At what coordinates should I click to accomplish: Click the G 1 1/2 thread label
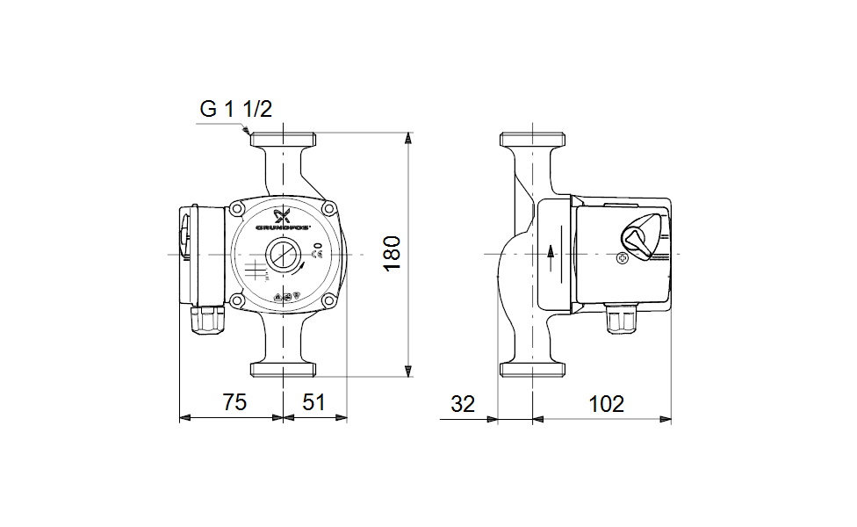coord(236,109)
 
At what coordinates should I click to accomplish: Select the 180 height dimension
coord(392,253)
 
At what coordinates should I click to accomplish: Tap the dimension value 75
coord(234,403)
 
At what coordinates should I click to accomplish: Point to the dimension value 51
coord(313,403)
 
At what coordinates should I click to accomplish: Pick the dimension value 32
coord(462,404)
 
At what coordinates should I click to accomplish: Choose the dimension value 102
coord(606,404)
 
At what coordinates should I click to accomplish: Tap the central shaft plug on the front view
coord(284,255)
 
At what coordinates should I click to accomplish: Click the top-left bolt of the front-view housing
coord(237,209)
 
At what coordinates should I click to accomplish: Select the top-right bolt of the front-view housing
coord(328,209)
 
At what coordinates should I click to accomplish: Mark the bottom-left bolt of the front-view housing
coord(237,300)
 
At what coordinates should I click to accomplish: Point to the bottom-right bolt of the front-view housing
coord(328,300)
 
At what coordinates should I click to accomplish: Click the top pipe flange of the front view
coord(284,139)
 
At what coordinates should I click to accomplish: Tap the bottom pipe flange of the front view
coord(284,367)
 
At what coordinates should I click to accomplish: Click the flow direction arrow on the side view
coord(551,254)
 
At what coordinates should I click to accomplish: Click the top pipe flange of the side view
coord(533,139)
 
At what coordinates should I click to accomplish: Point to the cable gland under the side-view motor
coord(622,321)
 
